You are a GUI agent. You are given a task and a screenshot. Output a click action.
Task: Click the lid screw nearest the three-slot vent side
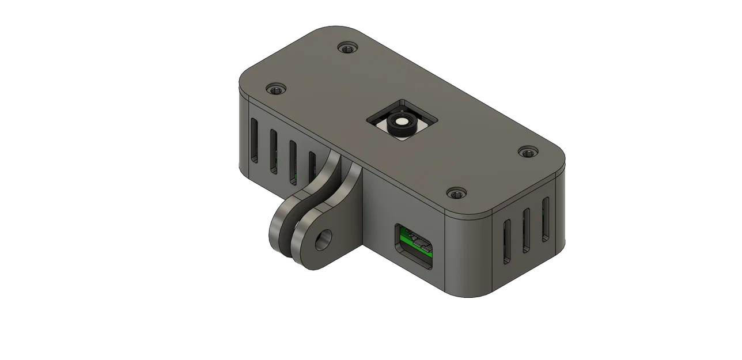527,152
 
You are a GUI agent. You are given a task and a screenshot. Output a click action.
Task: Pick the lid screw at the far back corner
346,48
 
